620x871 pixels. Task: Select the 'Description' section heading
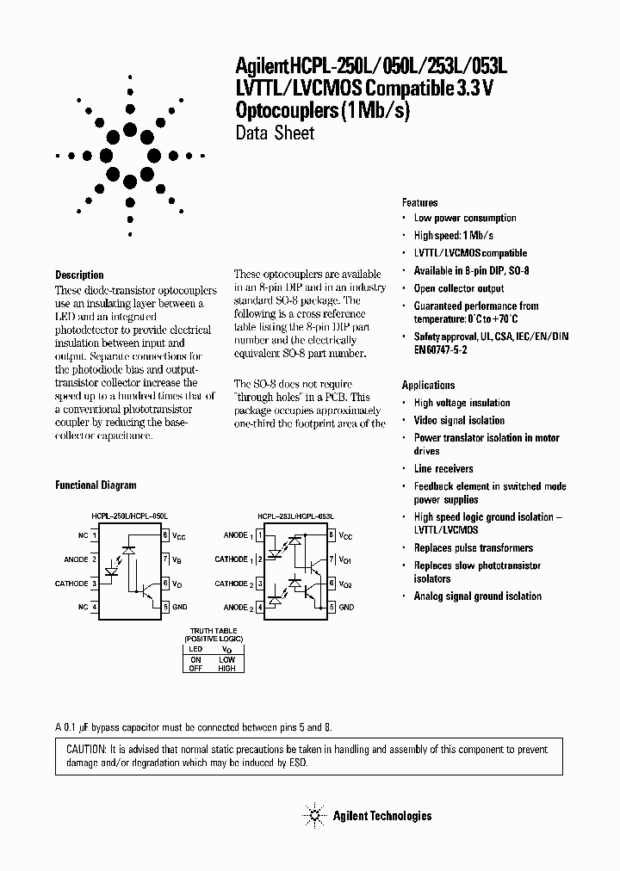[79, 275]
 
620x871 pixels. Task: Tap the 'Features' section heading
[419, 202]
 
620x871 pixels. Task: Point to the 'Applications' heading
[428, 385]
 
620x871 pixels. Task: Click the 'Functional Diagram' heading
[96, 485]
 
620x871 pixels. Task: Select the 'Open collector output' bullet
[459, 288]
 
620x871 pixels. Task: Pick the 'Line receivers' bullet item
[443, 468]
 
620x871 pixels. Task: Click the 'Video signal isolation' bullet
[459, 420]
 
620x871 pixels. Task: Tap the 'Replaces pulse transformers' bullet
[473, 547]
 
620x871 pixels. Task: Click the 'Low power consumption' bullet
[465, 218]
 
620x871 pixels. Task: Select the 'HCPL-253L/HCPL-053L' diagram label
[295, 516]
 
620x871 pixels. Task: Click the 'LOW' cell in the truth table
[226, 658]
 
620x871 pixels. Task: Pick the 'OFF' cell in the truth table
[195, 668]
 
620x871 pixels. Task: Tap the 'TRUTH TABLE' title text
[212, 630]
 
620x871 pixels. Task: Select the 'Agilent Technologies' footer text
[382, 816]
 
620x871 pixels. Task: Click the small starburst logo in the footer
[314, 815]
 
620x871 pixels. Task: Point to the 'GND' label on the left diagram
[180, 607]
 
